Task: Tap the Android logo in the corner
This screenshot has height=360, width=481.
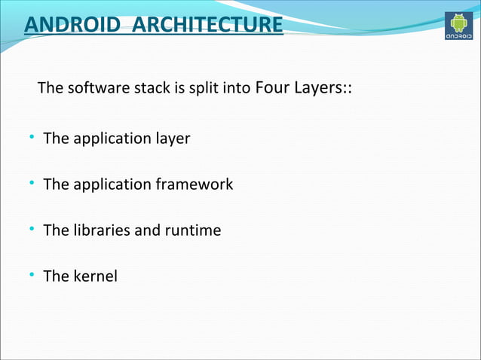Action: pyautogui.click(x=460, y=26)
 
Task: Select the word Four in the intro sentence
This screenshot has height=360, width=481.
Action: pyautogui.click(x=272, y=89)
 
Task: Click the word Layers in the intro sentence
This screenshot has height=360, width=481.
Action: pyautogui.click(x=317, y=89)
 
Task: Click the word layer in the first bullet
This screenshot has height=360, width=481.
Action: pyautogui.click(x=173, y=139)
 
